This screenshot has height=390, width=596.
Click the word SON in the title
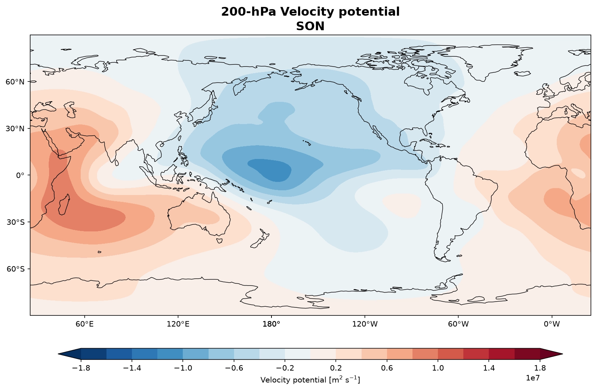tap(310, 26)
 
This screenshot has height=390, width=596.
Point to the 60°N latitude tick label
tap(15, 82)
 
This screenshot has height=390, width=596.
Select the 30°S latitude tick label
tap(15, 222)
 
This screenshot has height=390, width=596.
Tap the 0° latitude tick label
tap(20, 175)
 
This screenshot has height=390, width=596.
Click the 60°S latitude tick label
tap(15, 269)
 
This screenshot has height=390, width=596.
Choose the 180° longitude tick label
tap(271, 324)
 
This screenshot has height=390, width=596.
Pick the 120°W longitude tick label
tap(365, 324)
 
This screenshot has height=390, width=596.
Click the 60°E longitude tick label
tap(85, 324)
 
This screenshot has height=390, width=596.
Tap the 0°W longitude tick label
tap(552, 324)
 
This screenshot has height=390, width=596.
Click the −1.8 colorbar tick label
tap(81, 368)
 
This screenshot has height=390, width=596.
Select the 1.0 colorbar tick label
tap(438, 368)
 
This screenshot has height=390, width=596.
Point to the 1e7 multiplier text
tap(533, 378)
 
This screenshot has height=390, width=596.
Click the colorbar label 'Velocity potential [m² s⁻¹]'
tap(310, 380)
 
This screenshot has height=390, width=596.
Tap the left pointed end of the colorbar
tap(59, 354)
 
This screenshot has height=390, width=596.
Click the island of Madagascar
tap(64, 204)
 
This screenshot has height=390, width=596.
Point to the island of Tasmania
tap(220, 241)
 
